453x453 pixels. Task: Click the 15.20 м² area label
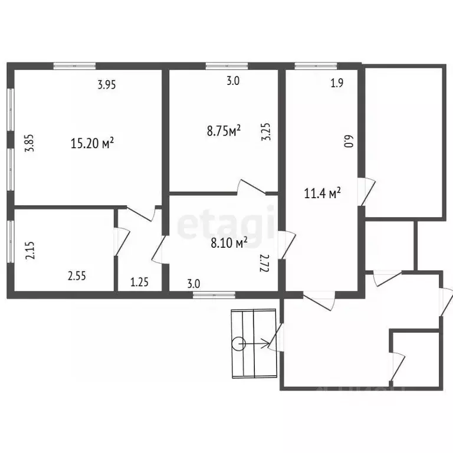click(92, 143)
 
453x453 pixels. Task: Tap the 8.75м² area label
click(224, 130)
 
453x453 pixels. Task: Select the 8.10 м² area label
click(229, 242)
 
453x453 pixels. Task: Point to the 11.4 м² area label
click(323, 193)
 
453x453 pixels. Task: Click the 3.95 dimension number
click(107, 85)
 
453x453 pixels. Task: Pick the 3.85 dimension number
click(30, 143)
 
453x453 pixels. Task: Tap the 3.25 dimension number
click(266, 132)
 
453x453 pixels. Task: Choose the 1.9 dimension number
click(337, 83)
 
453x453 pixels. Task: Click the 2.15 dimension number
click(30, 250)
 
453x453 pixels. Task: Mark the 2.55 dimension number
click(77, 276)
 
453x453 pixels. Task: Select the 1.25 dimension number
click(140, 282)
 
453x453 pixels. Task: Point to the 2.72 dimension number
click(265, 263)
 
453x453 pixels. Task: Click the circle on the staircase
click(239, 344)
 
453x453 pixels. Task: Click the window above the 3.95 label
click(74, 66)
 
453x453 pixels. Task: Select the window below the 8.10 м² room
click(214, 295)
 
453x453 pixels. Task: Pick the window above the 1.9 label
click(316, 66)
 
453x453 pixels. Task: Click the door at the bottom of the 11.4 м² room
click(319, 301)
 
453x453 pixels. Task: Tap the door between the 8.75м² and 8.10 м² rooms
click(251, 187)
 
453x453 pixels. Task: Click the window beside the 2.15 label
click(11, 242)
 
